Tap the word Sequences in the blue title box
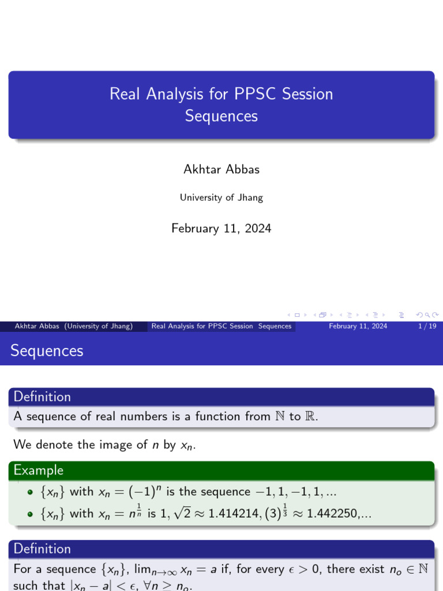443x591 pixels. [221, 116]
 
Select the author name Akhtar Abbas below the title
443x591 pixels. [221, 169]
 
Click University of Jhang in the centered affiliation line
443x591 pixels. [221, 197]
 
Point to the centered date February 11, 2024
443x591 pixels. [221, 229]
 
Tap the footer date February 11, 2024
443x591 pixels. [358, 326]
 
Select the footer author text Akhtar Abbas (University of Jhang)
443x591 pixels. [74, 326]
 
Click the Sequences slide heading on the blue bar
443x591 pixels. [47, 350]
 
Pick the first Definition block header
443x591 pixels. [42, 397]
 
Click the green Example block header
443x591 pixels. [39, 470]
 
